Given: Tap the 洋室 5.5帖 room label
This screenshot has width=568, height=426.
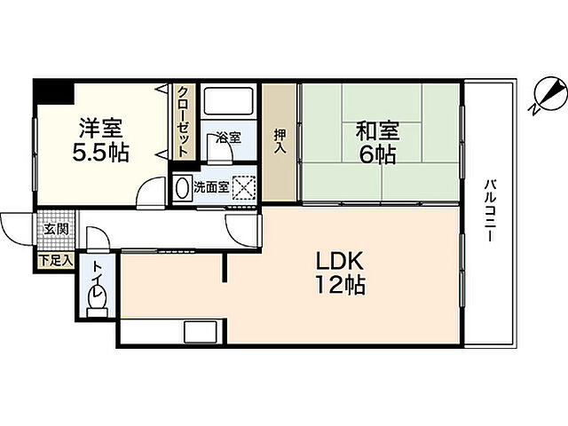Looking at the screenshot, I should pos(99,139).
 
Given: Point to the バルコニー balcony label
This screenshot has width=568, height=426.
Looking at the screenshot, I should pos(489,214).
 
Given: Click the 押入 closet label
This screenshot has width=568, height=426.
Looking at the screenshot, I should pos(280,142).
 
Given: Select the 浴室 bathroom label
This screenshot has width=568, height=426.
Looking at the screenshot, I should pos(228,138).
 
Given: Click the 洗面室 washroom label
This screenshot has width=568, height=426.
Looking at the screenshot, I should pos(211,188).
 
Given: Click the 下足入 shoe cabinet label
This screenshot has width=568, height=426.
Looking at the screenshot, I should pos(55,261).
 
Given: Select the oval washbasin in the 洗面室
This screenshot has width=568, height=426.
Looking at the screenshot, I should pos(182,188).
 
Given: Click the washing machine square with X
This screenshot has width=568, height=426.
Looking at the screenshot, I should pos(244,187).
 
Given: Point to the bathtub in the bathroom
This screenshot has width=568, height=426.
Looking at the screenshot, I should pos(228,104).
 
